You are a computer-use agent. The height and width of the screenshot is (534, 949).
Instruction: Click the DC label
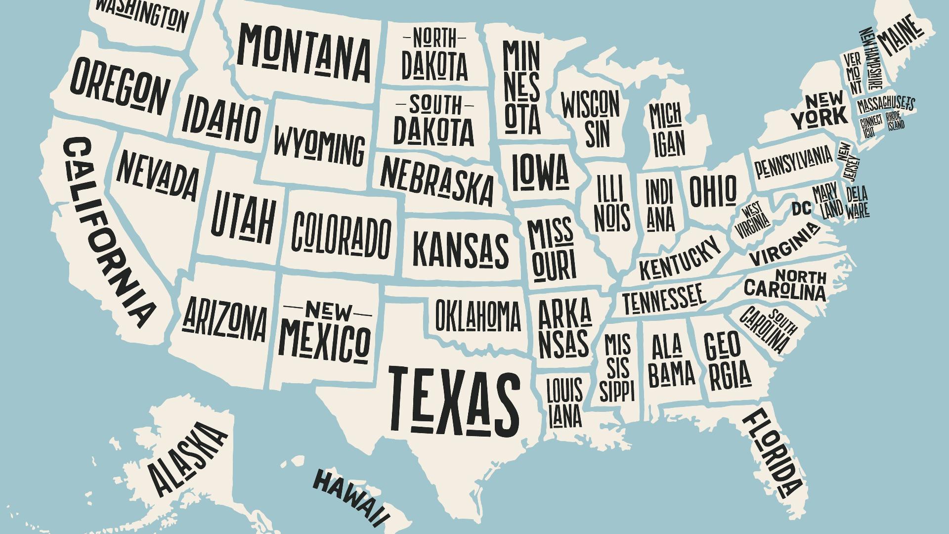click(x=801, y=209)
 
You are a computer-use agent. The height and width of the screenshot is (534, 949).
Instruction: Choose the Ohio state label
click(x=712, y=191)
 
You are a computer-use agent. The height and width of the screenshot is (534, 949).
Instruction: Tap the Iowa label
click(x=540, y=172)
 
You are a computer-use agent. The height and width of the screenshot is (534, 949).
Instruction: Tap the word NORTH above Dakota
click(x=434, y=38)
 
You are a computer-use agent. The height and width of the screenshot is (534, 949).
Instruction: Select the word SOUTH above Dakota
click(x=435, y=105)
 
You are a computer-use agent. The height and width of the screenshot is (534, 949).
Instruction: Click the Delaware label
click(x=857, y=202)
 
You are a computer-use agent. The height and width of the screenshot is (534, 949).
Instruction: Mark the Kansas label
click(x=460, y=249)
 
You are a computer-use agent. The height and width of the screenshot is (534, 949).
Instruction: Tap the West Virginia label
click(x=752, y=220)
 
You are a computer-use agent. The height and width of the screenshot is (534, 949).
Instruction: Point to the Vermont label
click(x=853, y=73)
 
